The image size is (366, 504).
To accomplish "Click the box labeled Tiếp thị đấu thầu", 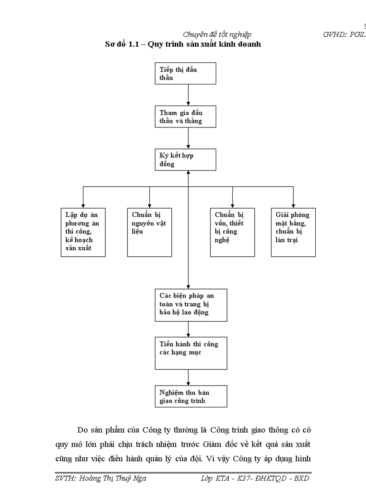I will (185, 74).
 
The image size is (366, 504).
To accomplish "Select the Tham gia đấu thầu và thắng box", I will (185, 117).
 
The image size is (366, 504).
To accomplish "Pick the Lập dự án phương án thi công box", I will (83, 232).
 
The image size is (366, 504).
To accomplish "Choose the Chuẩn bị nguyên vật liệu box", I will (149, 232).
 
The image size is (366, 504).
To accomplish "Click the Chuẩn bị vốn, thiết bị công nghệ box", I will (232, 232).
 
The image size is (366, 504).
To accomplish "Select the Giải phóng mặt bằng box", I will (293, 232).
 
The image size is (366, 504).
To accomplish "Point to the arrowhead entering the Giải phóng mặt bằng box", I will (293, 205).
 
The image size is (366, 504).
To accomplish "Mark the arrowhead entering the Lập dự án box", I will (83, 205).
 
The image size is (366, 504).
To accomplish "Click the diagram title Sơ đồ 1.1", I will (183, 44).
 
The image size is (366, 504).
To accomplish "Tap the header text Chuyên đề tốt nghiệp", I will (218, 35).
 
